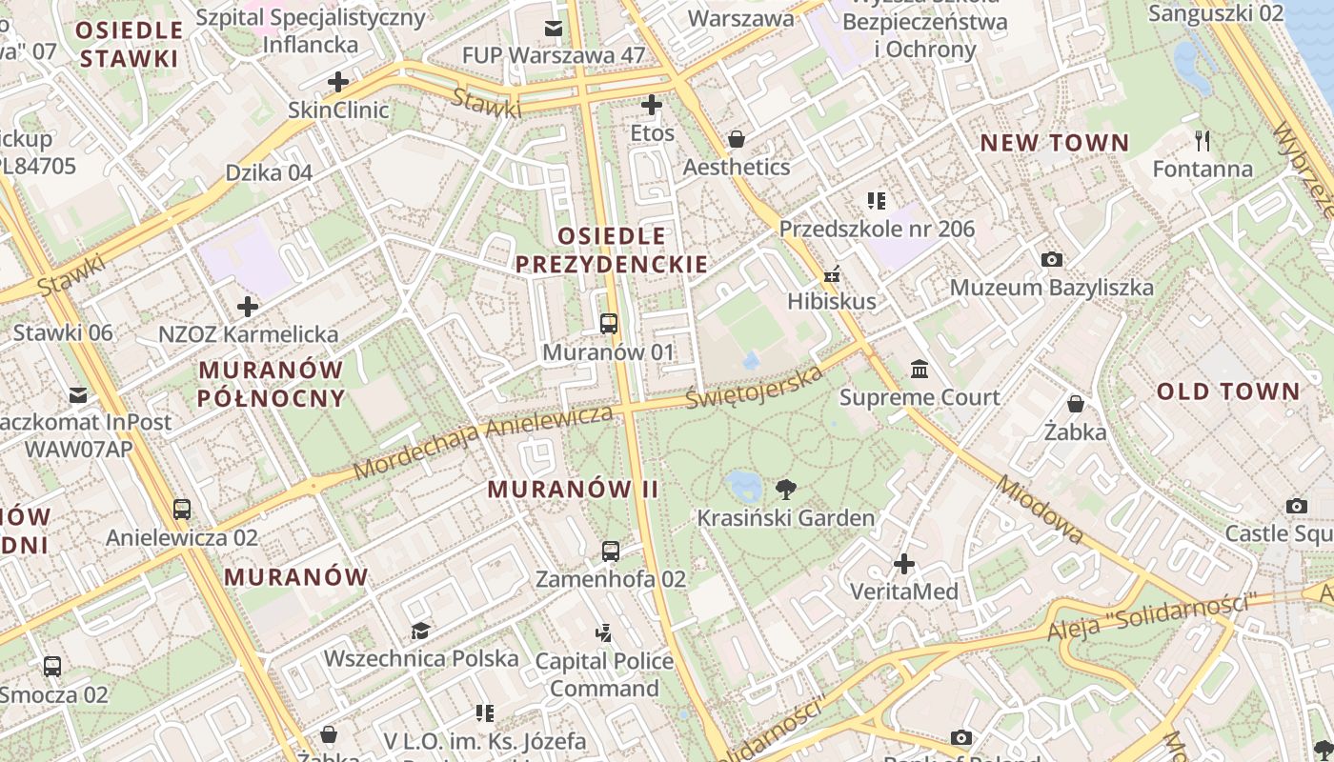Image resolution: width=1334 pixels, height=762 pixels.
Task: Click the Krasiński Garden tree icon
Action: coord(786,490)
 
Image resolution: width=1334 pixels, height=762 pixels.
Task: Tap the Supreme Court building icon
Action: coord(920,369)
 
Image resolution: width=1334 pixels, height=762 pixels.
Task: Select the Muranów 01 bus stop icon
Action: coord(609,324)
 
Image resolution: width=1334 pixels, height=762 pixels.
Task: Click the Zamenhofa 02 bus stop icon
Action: coord(611,551)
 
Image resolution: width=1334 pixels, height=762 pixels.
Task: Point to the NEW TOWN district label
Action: coord(1055,143)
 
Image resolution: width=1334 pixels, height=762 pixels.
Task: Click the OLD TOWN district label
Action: coord(1227,391)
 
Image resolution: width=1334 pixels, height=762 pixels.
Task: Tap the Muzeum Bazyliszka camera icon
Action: coord(1052,259)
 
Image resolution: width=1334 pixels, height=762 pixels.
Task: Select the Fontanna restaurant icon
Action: coord(1203,141)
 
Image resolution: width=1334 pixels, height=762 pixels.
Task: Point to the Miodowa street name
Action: coord(1040,509)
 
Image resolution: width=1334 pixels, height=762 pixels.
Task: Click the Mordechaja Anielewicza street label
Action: coord(483,442)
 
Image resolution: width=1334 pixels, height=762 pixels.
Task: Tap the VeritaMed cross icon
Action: coord(904,564)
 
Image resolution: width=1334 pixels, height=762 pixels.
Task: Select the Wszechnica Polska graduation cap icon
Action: coord(420,631)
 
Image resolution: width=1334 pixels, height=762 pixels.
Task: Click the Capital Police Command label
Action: coord(604,674)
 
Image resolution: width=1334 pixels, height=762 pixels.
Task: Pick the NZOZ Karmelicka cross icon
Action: coord(248,307)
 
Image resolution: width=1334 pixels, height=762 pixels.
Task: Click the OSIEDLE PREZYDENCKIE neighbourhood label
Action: coord(612,250)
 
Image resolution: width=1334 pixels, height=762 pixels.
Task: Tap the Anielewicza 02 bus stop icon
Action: coord(182,509)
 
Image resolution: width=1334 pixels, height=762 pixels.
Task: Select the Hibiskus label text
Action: coord(831,302)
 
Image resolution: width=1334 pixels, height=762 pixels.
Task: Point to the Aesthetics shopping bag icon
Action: coord(737,140)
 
